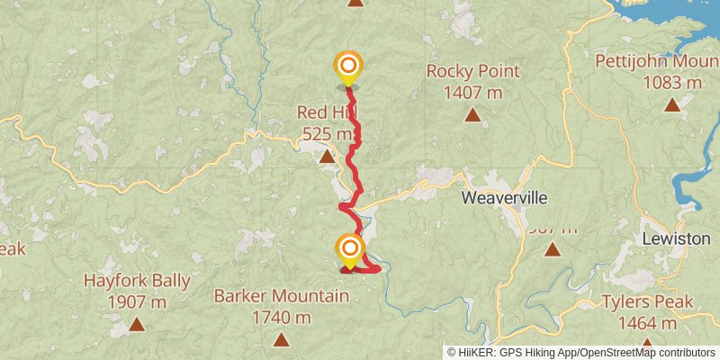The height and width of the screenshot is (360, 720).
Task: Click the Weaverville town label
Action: (x=504, y=197)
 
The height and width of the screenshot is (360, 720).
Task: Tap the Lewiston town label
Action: (x=676, y=239)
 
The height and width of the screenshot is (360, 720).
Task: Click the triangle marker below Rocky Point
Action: (x=472, y=114)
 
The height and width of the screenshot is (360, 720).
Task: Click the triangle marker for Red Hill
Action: (x=327, y=157)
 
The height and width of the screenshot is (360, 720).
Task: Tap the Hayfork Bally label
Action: (x=137, y=281)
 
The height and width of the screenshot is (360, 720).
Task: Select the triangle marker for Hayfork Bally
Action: (x=137, y=324)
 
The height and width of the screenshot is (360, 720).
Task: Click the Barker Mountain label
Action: (x=282, y=296)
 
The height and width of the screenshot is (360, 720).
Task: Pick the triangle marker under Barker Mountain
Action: (x=282, y=339)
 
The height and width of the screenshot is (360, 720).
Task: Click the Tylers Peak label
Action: (x=647, y=301)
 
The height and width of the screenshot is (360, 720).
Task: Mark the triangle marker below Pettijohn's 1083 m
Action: (x=671, y=104)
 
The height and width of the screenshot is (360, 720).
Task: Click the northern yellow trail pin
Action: (x=347, y=67)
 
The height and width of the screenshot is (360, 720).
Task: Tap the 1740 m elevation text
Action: (x=282, y=317)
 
